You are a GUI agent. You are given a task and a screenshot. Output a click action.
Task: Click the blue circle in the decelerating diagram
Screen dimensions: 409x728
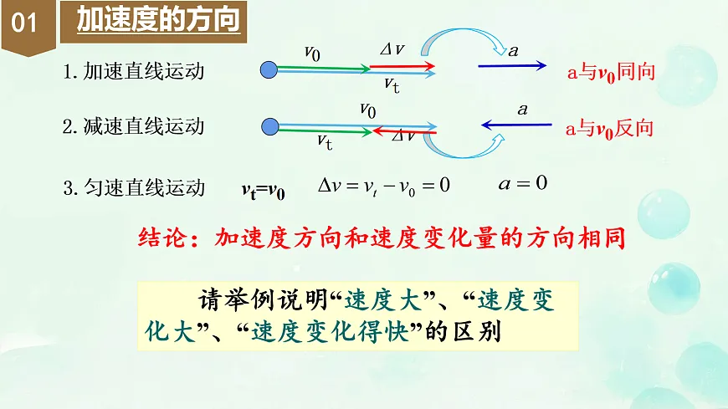click(269, 127)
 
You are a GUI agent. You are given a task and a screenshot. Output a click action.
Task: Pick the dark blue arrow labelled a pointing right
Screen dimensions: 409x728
click(512, 65)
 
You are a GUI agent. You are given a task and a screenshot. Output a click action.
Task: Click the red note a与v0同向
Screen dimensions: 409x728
click(609, 73)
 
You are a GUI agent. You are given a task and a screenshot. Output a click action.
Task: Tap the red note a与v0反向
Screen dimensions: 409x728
click(609, 129)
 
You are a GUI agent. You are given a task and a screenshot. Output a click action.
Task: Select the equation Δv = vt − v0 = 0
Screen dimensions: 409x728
click(384, 185)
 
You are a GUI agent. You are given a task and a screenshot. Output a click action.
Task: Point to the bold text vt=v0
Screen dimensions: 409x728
click(264, 191)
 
